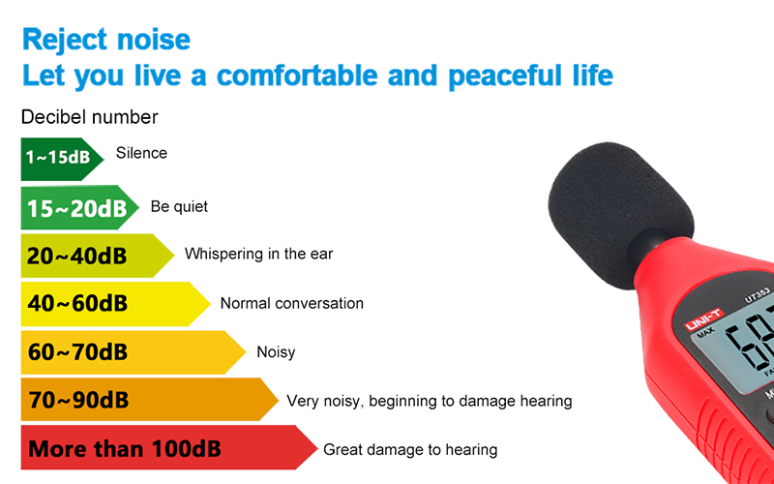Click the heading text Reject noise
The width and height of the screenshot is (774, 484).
[x=106, y=41]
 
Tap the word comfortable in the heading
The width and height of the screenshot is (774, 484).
[x=297, y=76]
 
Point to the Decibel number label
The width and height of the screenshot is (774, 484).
[x=89, y=117]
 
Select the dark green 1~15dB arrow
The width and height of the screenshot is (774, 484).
[x=62, y=159]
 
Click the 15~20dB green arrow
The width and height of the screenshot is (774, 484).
[x=79, y=207]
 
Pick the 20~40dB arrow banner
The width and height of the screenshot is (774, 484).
[x=98, y=256]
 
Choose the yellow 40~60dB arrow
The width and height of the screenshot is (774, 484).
[x=115, y=304]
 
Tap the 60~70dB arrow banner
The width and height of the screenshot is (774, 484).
[x=134, y=352]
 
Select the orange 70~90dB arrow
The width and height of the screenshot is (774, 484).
[x=150, y=400]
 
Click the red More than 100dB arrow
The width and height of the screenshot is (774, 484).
[x=169, y=447]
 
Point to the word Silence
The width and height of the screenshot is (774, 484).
[x=141, y=153]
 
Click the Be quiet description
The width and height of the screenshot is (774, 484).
[x=179, y=206]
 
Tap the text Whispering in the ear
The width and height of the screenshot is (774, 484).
[x=258, y=254]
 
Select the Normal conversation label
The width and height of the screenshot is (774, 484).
[x=292, y=303]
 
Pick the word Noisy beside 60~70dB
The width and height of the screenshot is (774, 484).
[x=276, y=352]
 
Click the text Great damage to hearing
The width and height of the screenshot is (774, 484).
[x=410, y=450]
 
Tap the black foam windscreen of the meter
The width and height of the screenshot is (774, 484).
[x=620, y=212]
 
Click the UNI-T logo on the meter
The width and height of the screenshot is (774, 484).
[x=704, y=319]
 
